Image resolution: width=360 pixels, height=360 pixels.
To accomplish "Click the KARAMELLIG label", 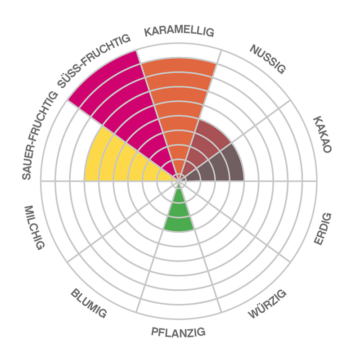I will coord(179,32).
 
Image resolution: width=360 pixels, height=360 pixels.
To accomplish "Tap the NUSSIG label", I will coord(268,59).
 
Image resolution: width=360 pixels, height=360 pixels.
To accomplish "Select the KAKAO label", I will coord(322,135).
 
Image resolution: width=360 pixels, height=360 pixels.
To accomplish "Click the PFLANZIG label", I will coord(179,333).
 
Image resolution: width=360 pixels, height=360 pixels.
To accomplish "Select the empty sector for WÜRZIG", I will coord(238,261).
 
